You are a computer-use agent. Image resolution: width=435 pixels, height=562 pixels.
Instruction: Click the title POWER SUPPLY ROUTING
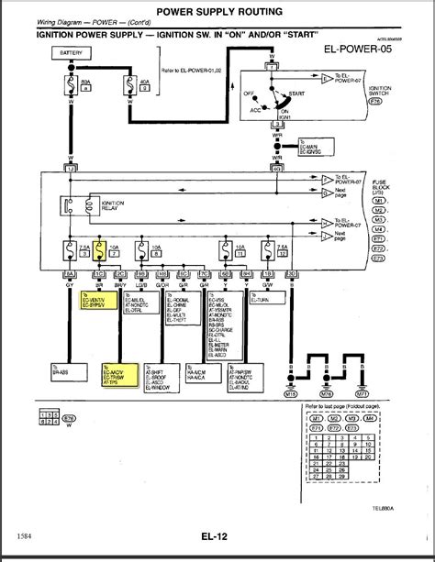218,13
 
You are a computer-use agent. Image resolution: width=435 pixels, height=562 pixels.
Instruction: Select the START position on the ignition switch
295,92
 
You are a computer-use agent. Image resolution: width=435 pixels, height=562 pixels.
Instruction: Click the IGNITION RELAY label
113,209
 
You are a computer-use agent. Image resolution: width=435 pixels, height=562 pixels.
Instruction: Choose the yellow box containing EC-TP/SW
117,372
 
